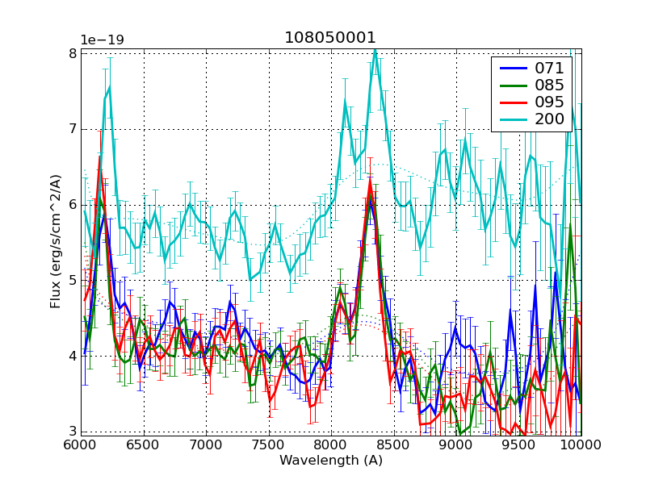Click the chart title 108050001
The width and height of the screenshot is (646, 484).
[x=330, y=38]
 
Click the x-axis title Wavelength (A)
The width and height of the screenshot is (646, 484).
[x=331, y=461]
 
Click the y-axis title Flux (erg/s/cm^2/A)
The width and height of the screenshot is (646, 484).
[x=56, y=242]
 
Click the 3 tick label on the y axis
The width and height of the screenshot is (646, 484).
[x=72, y=431]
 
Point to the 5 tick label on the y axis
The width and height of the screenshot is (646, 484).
[x=72, y=280]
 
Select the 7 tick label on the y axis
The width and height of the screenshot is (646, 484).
[x=72, y=129]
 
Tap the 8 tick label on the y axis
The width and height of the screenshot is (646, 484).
[x=72, y=54]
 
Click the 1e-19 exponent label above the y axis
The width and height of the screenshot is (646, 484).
[x=101, y=40]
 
